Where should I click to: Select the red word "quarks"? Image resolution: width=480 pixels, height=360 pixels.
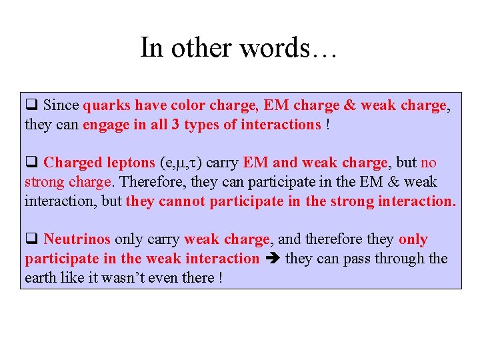107,105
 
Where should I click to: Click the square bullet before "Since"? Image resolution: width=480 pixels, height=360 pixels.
30,105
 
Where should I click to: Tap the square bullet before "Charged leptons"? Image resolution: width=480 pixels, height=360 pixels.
30,163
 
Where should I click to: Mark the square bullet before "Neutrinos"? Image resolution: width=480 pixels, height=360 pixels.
30,239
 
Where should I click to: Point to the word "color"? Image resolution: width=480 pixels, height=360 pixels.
188,105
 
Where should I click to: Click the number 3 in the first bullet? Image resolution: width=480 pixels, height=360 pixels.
175,125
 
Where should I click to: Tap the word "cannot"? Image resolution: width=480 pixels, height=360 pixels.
182,201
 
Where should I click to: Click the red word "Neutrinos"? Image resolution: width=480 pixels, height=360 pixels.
77,239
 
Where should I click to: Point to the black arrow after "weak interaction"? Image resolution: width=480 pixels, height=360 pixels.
272,259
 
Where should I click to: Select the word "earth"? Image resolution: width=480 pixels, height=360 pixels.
41,278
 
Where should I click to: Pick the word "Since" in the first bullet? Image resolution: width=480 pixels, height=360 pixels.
61,105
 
